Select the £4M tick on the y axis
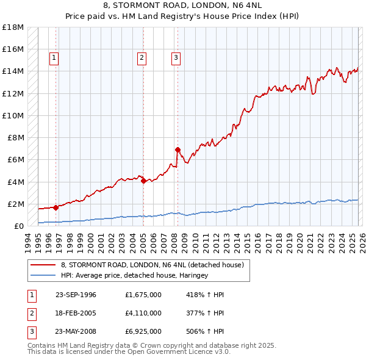click(14, 182)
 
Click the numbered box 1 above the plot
click(54, 58)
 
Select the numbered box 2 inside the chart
click(142, 58)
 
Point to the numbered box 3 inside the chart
click(176, 58)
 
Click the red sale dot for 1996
click(56, 207)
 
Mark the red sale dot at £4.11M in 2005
click(143, 181)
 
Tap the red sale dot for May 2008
click(178, 149)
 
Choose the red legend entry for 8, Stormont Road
click(152, 265)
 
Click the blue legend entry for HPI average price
click(134, 276)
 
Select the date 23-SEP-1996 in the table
click(76, 295)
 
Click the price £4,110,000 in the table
click(143, 313)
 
